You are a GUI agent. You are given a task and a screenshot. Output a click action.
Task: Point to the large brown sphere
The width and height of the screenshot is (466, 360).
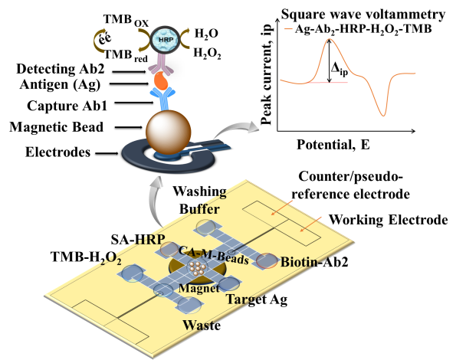pos(168,132)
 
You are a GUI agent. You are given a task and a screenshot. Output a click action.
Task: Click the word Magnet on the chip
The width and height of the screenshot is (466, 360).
pos(199,289)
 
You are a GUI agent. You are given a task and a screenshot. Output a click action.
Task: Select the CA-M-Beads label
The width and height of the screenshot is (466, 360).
pos(213,255)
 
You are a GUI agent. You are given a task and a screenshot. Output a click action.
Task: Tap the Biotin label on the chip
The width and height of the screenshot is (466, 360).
pos(304,262)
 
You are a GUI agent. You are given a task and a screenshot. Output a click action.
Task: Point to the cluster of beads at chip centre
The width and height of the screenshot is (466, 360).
pos(199,269)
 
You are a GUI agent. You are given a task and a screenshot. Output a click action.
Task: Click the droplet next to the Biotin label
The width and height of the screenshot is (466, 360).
pos(267,260)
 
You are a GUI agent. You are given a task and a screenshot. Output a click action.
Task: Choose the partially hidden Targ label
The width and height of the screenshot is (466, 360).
pos(243,299)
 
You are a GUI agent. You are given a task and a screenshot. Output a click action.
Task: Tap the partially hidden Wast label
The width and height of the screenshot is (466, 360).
pos(198,325)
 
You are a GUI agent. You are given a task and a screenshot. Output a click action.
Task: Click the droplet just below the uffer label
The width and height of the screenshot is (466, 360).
pos(205,227)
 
